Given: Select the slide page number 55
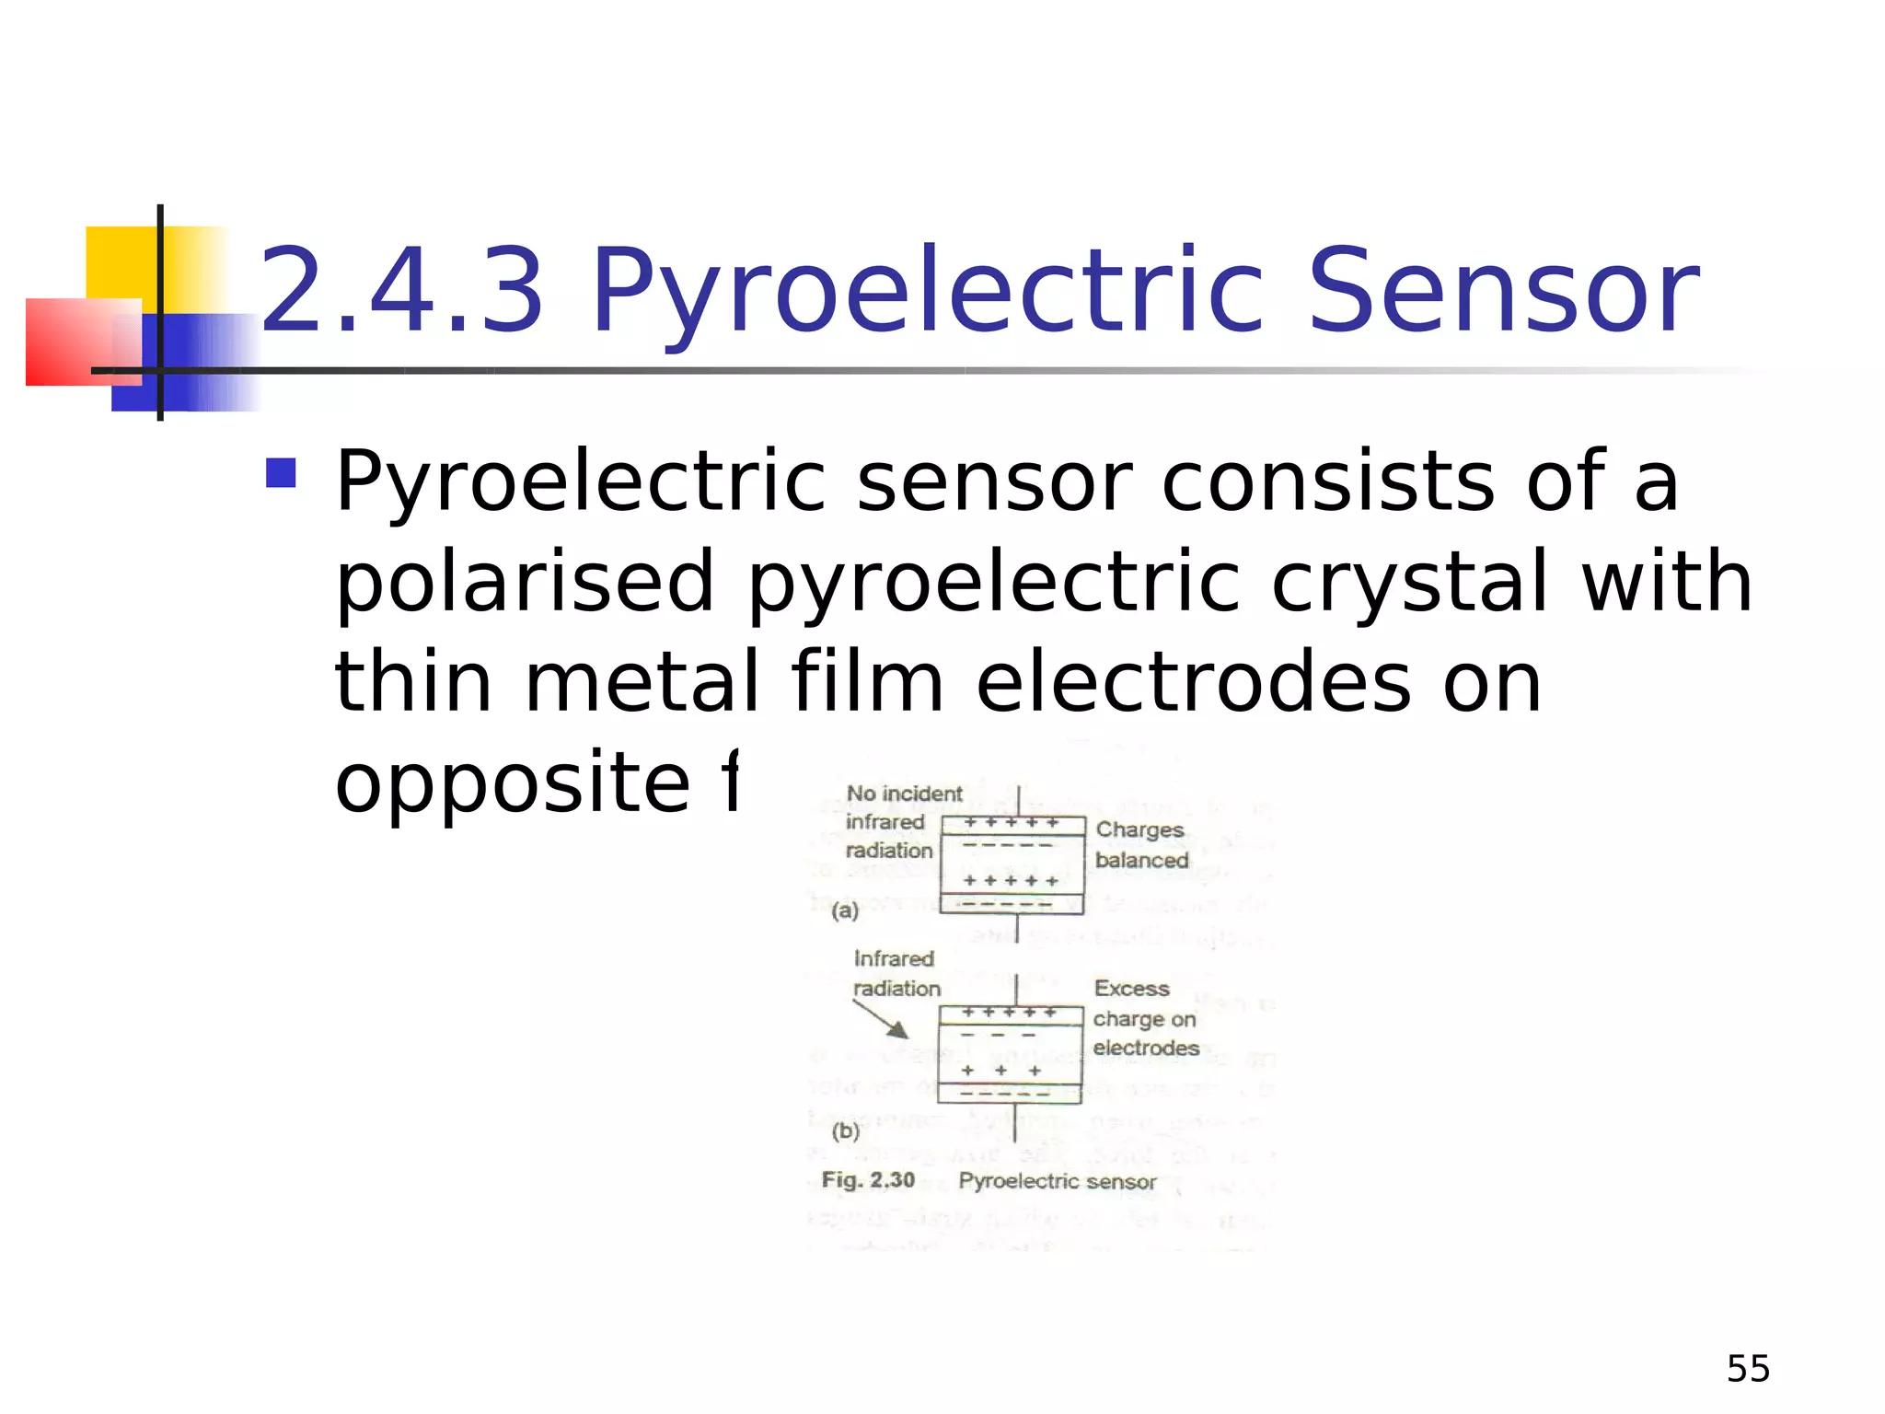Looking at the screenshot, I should [x=1748, y=1369].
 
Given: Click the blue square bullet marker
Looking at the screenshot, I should [x=281, y=473].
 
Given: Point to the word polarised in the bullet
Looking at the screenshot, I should [x=525, y=582].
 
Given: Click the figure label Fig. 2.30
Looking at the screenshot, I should [x=868, y=1180].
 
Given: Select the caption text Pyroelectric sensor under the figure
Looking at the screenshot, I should [x=1057, y=1181].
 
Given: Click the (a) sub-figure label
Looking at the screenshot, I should [x=845, y=911].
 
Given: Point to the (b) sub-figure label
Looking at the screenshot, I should [x=845, y=1131].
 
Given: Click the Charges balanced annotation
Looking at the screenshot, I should [x=1141, y=844].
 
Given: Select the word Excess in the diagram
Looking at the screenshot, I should [x=1131, y=989].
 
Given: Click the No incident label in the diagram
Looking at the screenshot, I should [x=904, y=794].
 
